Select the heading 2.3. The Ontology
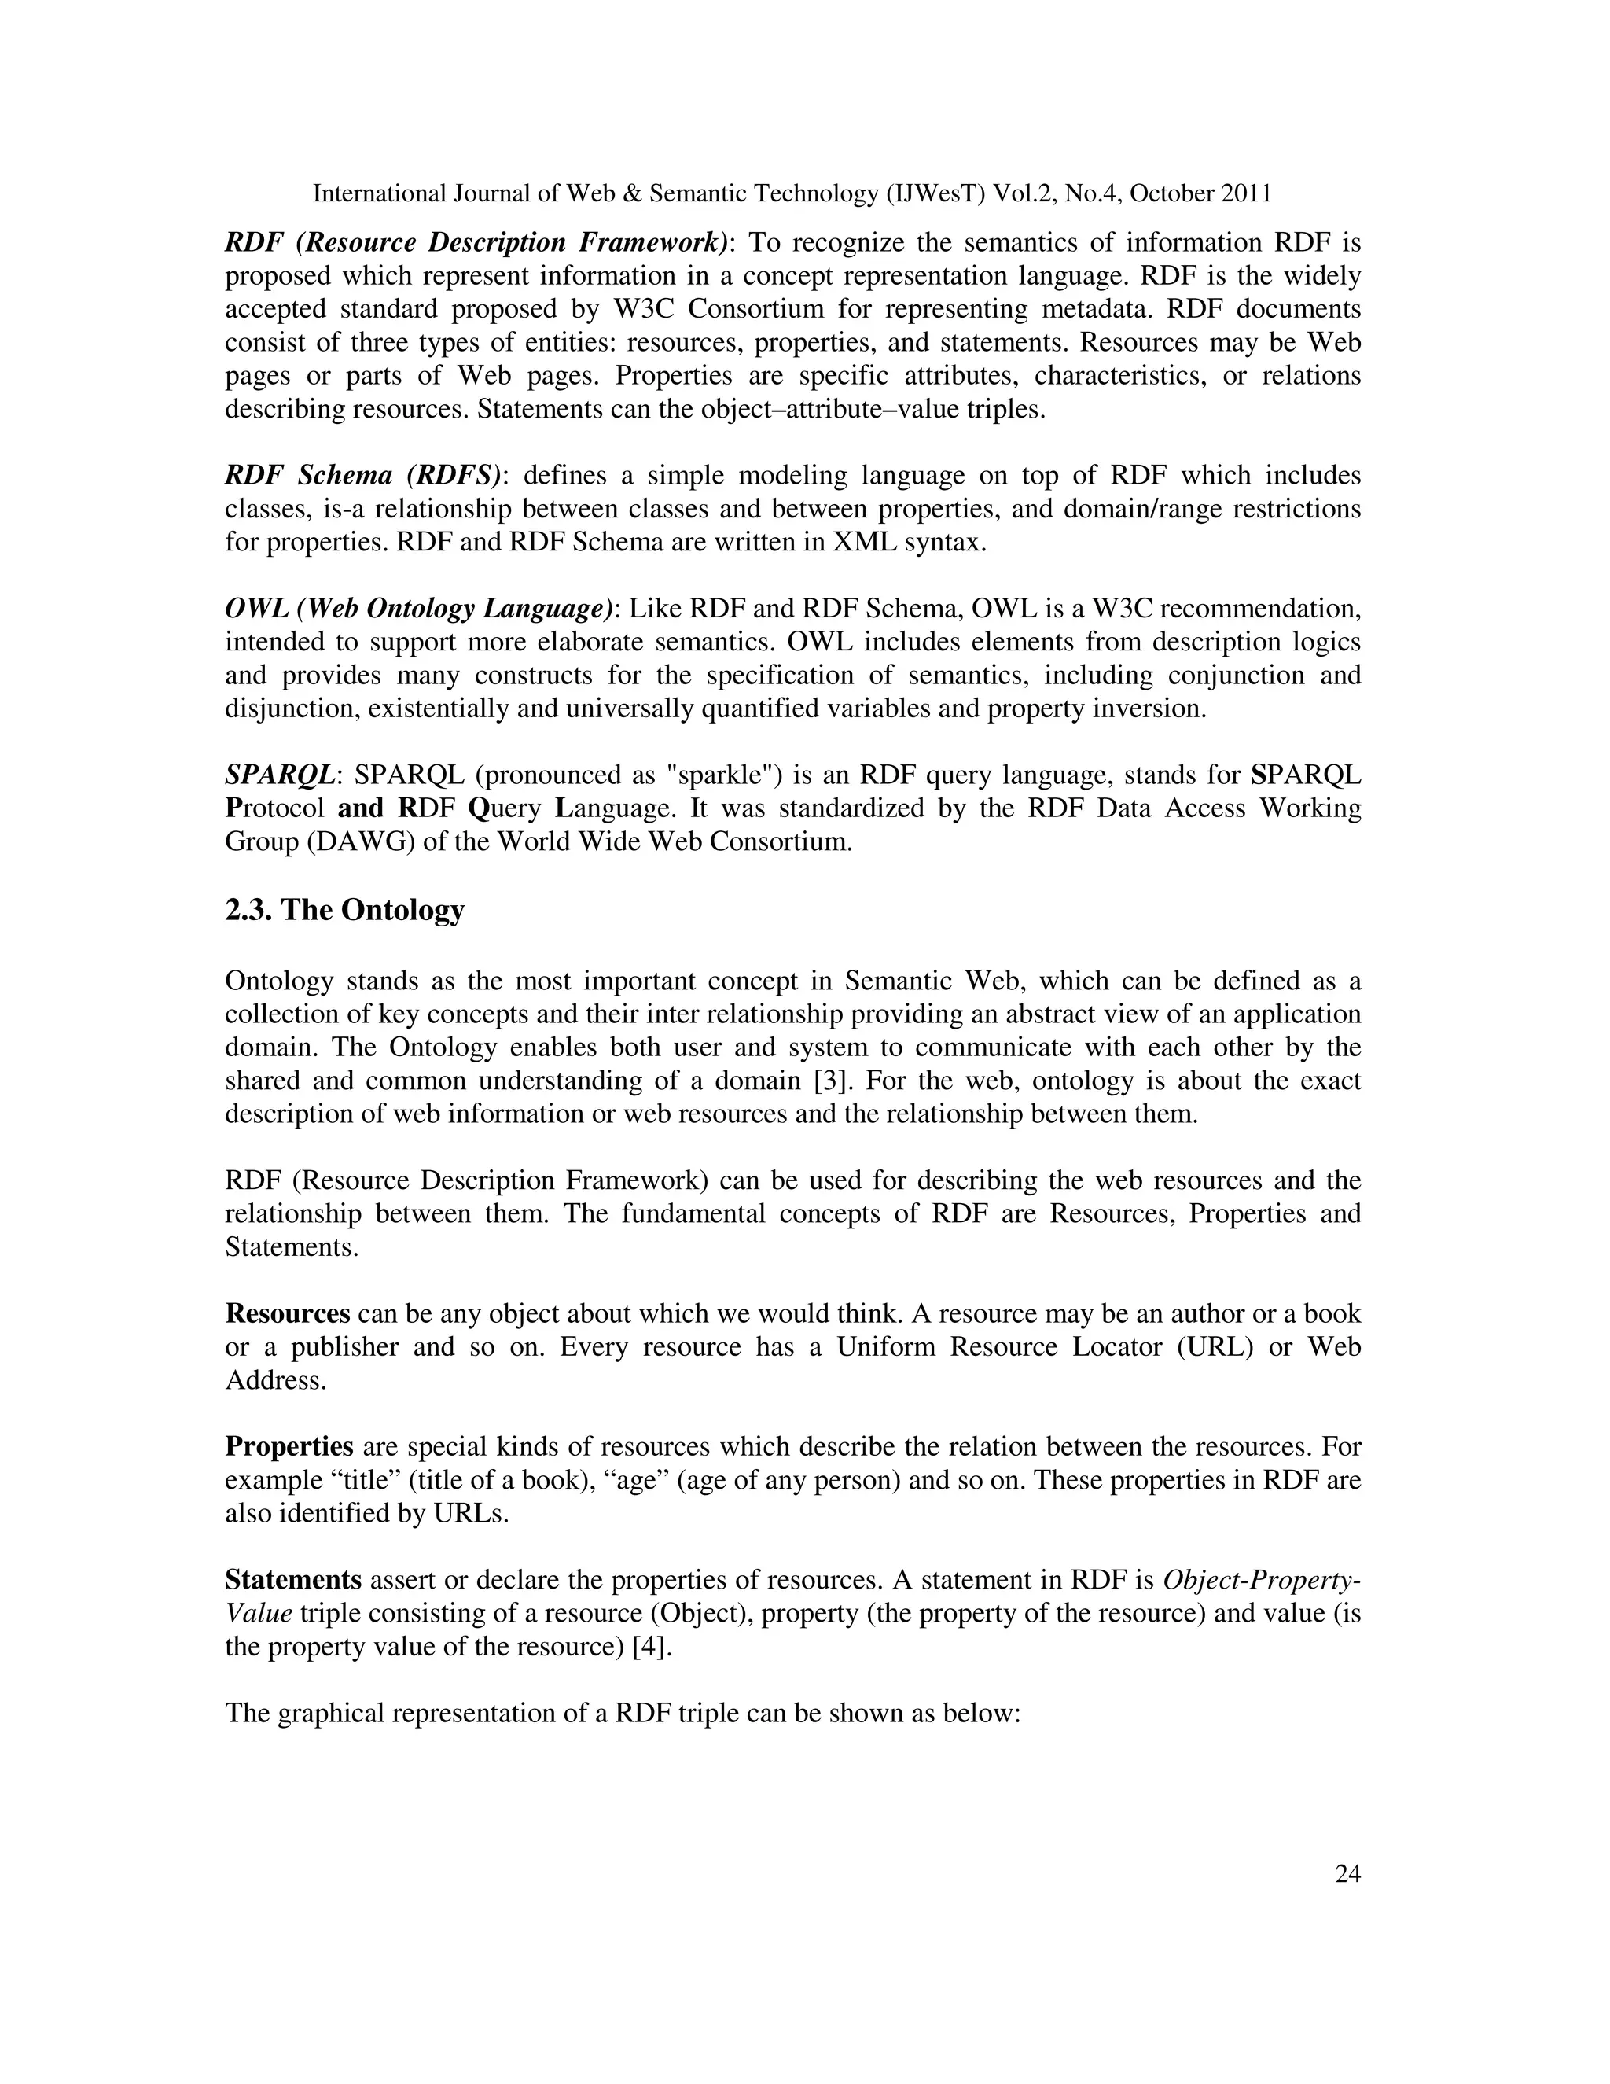pos(344,911)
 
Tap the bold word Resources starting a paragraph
pos(287,1313)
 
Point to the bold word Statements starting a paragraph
pos(292,1579)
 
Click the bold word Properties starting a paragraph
pos(289,1446)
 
